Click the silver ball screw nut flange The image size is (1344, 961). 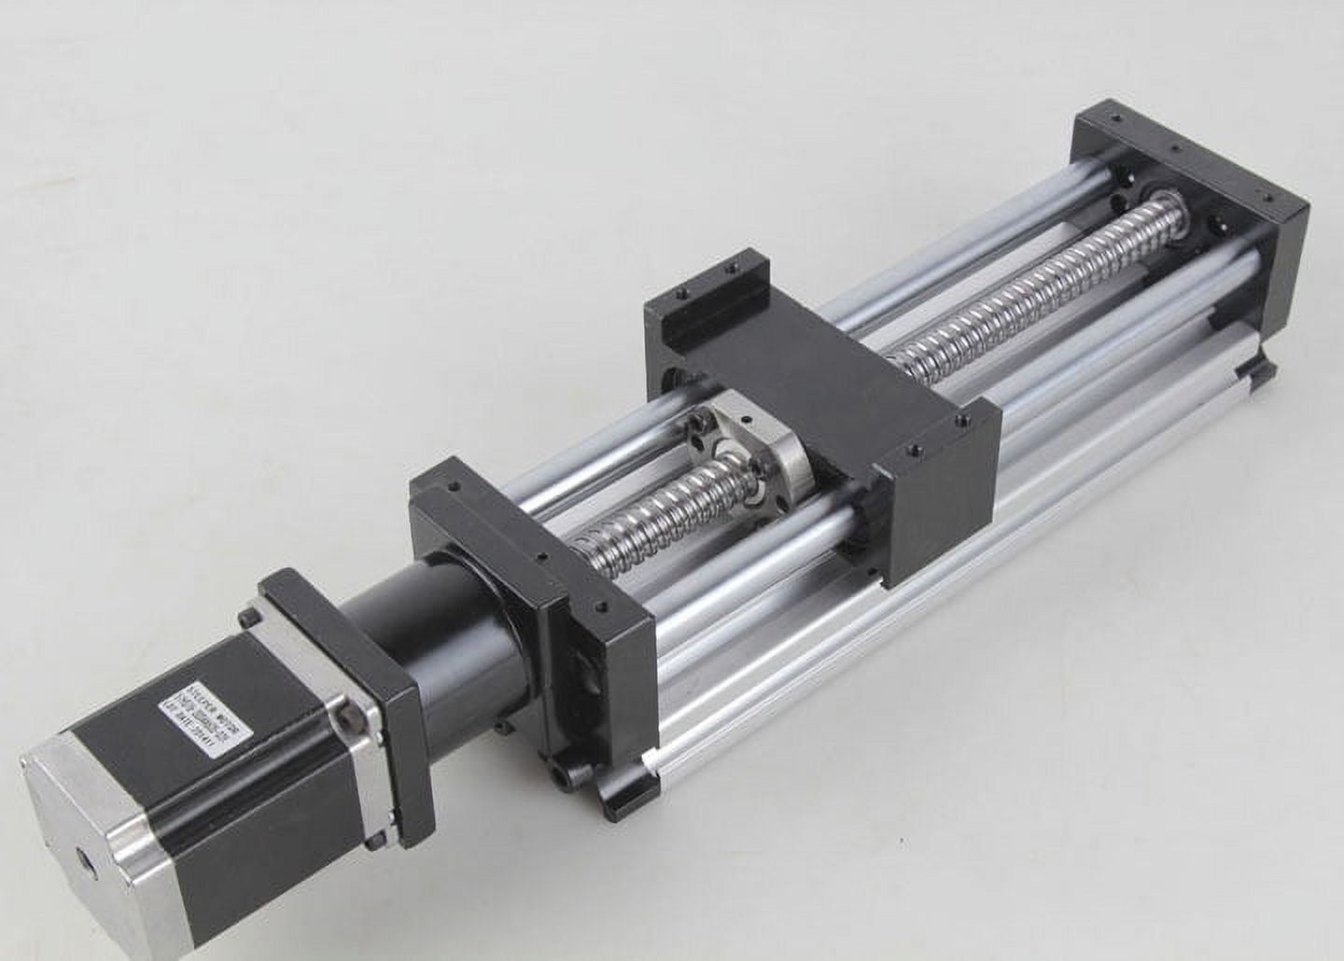(747, 448)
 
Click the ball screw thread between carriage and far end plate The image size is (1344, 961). (1008, 289)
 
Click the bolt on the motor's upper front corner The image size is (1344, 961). (250, 618)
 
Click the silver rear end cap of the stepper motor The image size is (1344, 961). (93, 840)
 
